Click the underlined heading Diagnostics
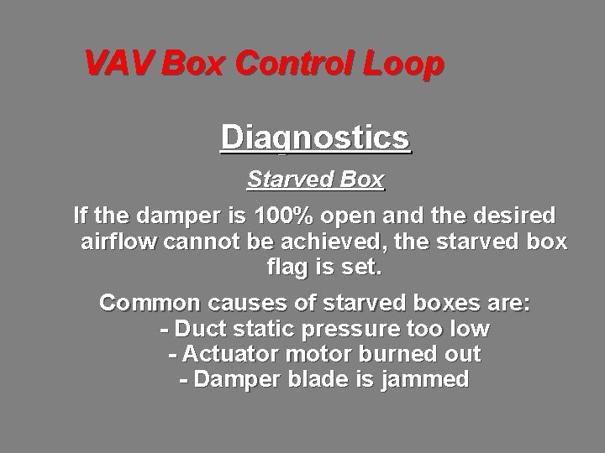(315, 137)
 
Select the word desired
(513, 216)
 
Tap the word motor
(316, 353)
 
